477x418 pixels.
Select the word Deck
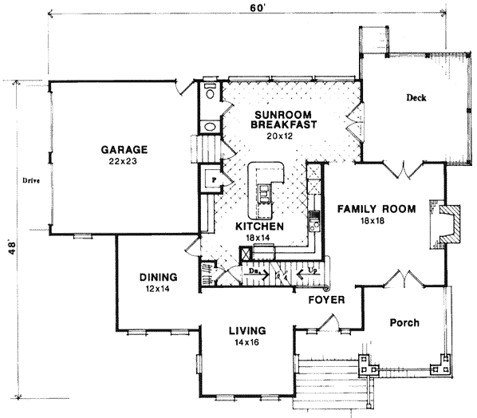416,98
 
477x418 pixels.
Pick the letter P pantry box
213,181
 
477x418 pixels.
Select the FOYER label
327,302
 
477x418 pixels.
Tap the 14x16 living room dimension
247,343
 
